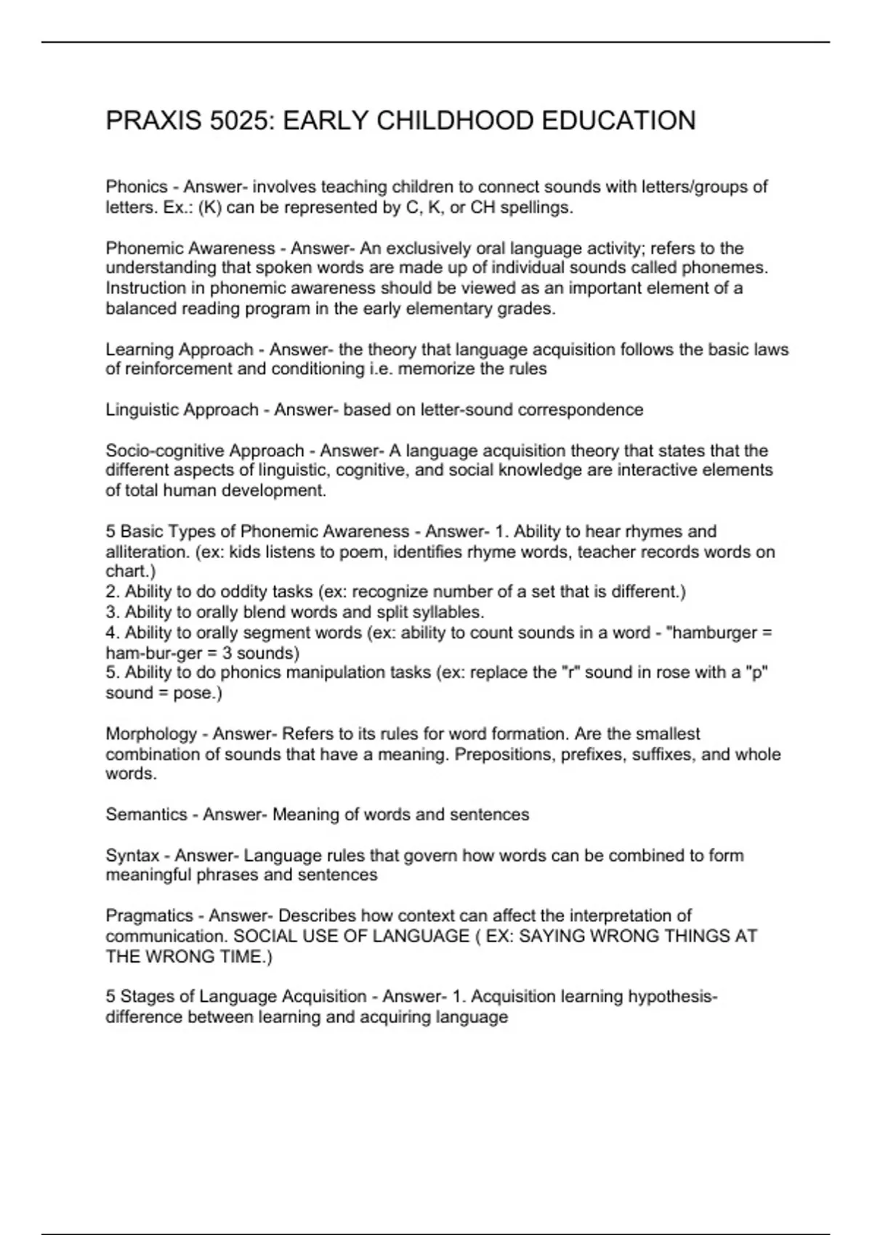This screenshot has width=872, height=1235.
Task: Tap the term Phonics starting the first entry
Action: [137, 187]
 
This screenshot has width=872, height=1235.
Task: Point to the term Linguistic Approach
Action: [182, 410]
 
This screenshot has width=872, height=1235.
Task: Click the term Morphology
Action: [151, 734]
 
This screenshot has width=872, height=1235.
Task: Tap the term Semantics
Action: [146, 814]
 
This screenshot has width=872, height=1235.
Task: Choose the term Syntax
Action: [132, 856]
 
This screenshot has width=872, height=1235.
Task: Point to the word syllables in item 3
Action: [448, 612]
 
